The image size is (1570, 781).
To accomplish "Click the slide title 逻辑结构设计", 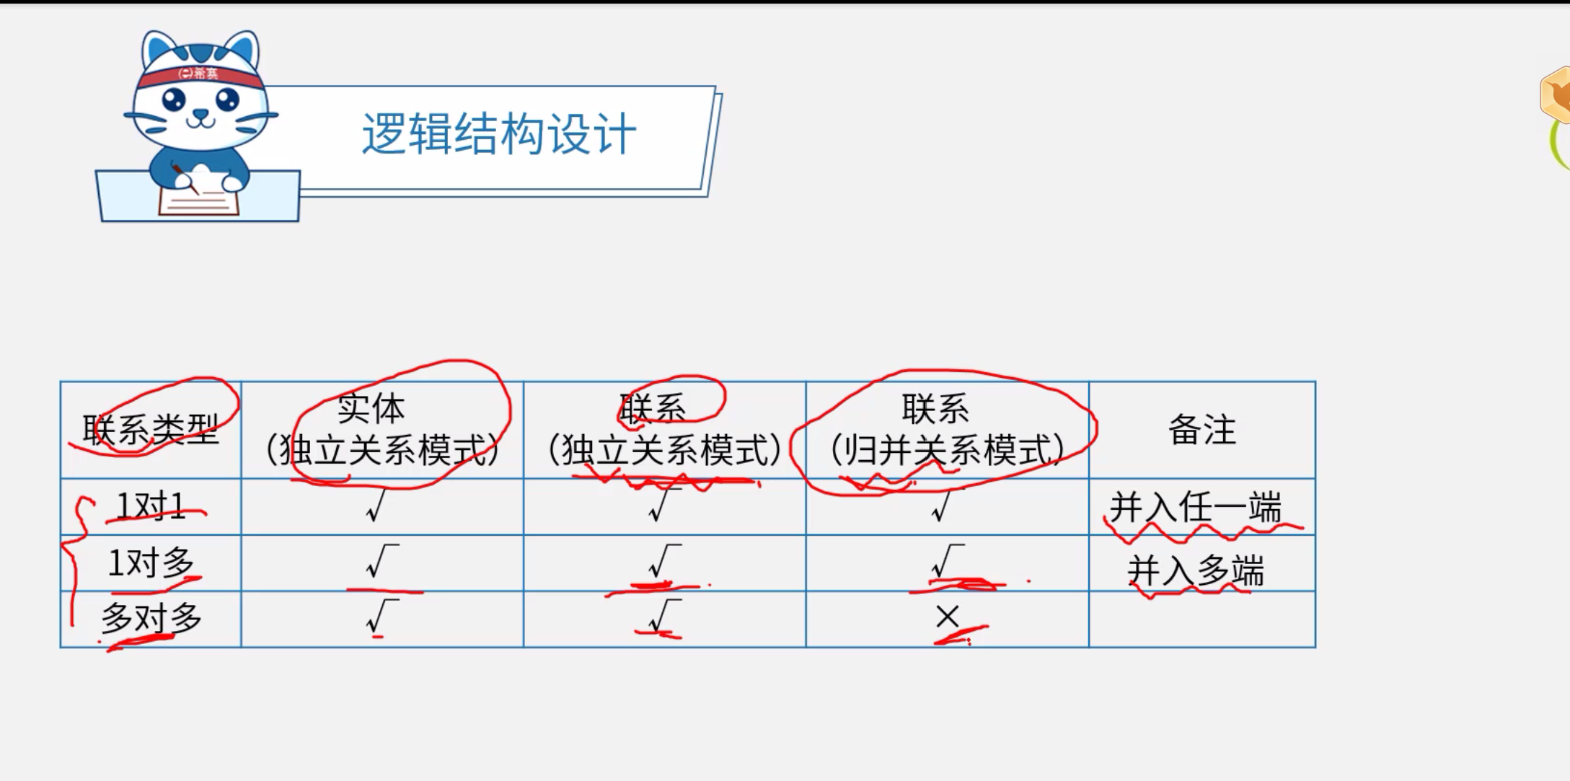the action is click(498, 134).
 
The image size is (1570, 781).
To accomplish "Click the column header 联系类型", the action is click(150, 430).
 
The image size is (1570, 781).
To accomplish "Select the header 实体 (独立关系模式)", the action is click(382, 430).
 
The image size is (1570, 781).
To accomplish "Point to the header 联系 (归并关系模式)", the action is click(946, 430).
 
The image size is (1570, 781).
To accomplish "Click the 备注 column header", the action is click(1201, 430).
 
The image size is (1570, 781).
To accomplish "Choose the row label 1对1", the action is click(150, 506).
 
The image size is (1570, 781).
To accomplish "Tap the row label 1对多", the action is click(150, 562).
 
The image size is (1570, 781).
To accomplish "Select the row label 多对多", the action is click(150, 619).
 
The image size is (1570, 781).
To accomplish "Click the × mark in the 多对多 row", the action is click(947, 617).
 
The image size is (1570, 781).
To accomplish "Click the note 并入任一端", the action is click(1195, 508).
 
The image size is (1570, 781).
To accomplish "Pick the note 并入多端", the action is click(1195, 571).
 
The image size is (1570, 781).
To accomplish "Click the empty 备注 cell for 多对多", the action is click(1201, 619).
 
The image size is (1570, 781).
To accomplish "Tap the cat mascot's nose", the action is click(200, 113).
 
